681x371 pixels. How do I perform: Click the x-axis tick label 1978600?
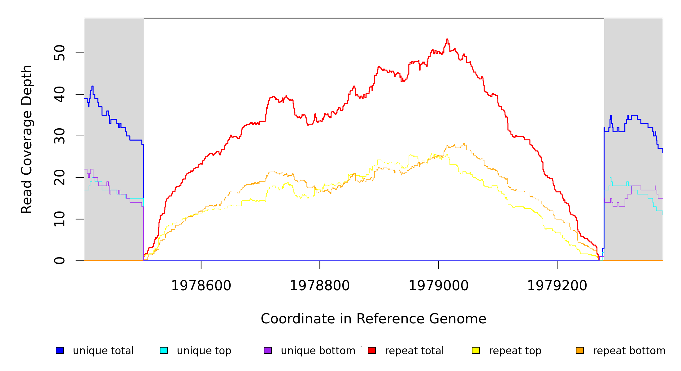[x=201, y=286]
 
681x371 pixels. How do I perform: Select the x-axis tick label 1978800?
[x=319, y=286]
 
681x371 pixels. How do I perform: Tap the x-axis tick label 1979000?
[x=438, y=286]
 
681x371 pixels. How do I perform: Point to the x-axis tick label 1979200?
[x=557, y=286]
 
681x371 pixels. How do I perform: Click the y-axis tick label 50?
[x=59, y=53]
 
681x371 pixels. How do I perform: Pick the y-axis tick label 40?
[x=59, y=94]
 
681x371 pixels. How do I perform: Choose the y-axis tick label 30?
[x=59, y=136]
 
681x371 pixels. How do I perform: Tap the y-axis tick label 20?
[x=59, y=177]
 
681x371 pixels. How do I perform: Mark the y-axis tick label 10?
[x=59, y=219]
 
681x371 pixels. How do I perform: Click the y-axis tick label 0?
[x=59, y=261]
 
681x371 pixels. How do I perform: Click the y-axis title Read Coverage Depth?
[x=27, y=139]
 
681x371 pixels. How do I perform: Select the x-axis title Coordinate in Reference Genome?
[x=373, y=319]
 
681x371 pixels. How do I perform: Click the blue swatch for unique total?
[x=60, y=350]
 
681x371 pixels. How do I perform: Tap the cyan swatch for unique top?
[x=164, y=350]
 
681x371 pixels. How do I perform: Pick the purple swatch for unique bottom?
[x=268, y=350]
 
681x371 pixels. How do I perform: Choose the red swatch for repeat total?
[x=372, y=350]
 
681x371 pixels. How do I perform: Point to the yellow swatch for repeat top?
[x=476, y=350]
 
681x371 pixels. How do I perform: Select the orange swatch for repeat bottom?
[x=580, y=350]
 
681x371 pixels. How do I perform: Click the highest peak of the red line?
[x=447, y=39]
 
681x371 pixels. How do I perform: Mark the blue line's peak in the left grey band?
[x=92, y=86]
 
